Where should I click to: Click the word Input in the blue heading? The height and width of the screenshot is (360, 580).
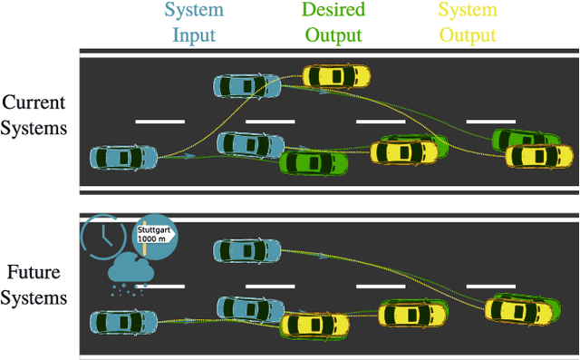[189, 35]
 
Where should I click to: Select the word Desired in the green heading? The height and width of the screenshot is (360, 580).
[333, 12]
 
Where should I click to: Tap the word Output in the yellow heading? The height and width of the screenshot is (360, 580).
[469, 35]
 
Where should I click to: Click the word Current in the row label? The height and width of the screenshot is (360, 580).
[35, 102]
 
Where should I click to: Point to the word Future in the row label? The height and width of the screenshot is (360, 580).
[34, 271]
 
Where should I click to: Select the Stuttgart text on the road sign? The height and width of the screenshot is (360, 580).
[154, 230]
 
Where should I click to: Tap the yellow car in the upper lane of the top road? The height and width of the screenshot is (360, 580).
[336, 74]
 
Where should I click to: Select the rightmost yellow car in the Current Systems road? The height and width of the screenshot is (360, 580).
[538, 156]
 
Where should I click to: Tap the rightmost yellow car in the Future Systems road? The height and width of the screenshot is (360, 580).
[517, 310]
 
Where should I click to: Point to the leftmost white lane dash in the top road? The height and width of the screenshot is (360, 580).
[159, 121]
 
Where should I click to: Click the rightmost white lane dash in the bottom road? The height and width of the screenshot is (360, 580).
[490, 285]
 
